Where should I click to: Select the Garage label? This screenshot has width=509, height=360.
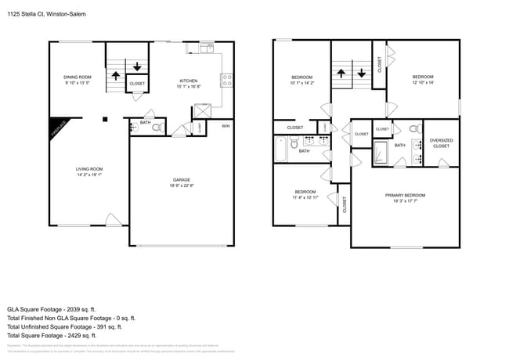coord(182,179)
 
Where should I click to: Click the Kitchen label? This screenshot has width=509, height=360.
coord(188,81)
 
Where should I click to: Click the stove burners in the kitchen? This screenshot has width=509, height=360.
coord(227,77)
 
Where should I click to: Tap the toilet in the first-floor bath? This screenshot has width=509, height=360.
coord(157,128)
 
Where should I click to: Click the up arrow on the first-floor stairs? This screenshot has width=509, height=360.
coord(116,76)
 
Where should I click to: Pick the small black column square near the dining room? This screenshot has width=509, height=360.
coord(105,120)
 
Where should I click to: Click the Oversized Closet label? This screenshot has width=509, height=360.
coord(441,143)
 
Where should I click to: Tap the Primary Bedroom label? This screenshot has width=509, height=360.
coord(405,195)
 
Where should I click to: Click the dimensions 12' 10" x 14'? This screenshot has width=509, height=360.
coord(422,82)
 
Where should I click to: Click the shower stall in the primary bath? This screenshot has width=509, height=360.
coord(381,151)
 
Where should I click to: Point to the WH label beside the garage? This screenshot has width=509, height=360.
coord(226,126)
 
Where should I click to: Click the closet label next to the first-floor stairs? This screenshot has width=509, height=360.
coord(136,83)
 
